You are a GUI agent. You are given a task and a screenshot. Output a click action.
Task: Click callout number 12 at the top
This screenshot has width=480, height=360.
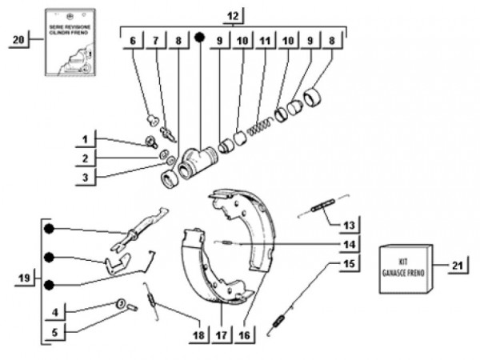(x=232, y=16)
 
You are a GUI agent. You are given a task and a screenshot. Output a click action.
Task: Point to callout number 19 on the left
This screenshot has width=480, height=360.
(x=25, y=278)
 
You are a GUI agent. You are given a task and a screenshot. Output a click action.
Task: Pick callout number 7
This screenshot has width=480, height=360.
(x=156, y=40)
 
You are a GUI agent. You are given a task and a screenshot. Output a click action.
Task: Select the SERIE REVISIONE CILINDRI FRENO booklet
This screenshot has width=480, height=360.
(x=70, y=48)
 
